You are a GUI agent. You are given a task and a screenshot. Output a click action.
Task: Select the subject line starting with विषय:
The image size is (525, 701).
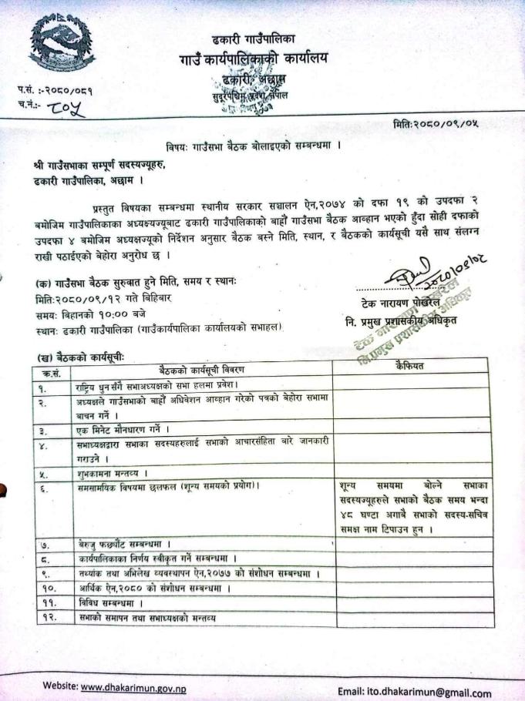(254, 145)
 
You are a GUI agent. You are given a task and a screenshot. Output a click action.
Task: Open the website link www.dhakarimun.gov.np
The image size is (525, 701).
(133, 687)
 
